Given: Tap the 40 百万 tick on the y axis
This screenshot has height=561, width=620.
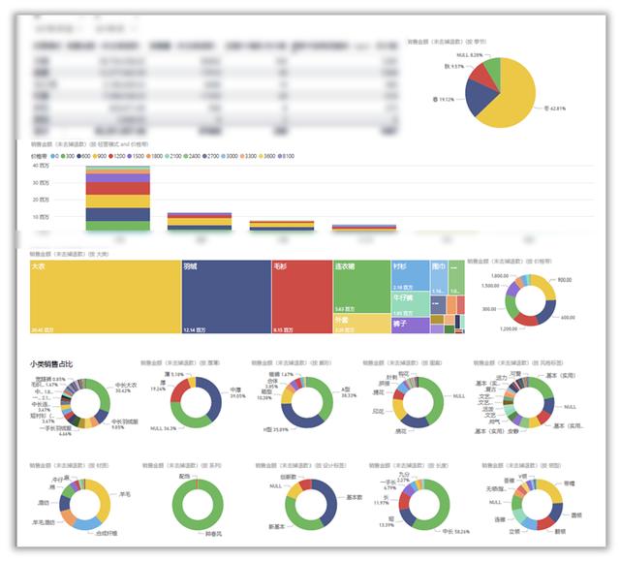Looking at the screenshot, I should point(42,166).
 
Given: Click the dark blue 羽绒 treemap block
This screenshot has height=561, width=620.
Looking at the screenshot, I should point(225,296).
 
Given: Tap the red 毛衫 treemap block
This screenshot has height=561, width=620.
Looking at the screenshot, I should point(301,296).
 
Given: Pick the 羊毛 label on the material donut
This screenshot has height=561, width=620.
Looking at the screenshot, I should point(125,493).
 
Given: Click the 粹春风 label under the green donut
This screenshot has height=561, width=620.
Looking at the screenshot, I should point(212,534).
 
